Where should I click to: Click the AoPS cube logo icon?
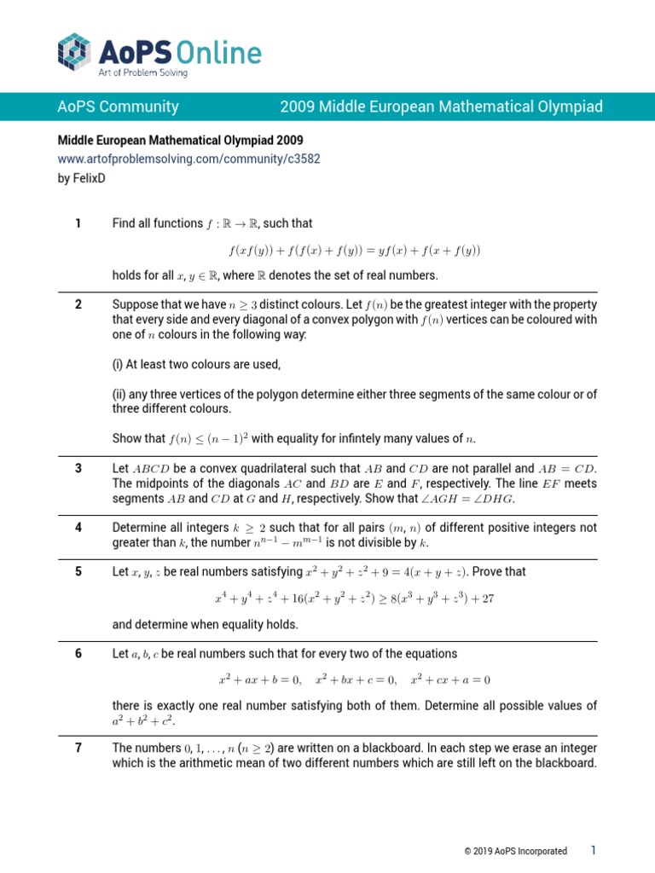tap(73, 50)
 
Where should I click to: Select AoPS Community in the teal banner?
tap(118, 107)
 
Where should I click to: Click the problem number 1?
tap(78, 223)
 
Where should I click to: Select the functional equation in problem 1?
tap(354, 251)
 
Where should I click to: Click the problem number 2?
tap(78, 304)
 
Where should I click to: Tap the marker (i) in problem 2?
tap(119, 364)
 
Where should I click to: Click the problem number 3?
tap(78, 468)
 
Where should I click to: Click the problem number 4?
tap(78, 527)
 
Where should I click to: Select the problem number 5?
tap(78, 571)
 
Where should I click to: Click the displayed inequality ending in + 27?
tap(354, 598)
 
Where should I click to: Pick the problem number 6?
tap(78, 653)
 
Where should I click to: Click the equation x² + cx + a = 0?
tap(450, 679)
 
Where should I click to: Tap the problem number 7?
tap(78, 748)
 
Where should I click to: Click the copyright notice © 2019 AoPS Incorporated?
tap(515, 851)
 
